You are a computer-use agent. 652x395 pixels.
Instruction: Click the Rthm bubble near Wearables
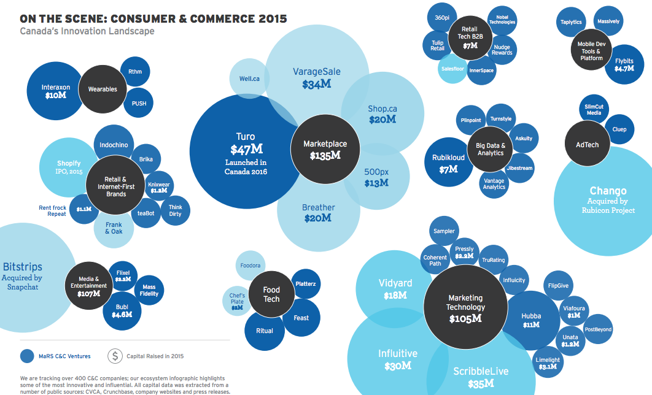[135, 72]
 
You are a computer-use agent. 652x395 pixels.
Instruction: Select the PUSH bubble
[139, 104]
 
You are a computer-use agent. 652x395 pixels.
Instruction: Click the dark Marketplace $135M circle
[325, 149]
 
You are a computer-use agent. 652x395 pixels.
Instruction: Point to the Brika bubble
[146, 159]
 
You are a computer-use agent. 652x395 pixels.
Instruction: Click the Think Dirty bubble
[175, 210]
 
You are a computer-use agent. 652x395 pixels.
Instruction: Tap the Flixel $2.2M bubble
[122, 275]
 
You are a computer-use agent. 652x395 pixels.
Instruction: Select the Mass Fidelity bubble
[149, 290]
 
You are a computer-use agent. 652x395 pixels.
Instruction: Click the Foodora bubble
[251, 266]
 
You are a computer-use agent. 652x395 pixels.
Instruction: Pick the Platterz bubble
[305, 284]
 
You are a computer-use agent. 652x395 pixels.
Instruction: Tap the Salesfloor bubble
[453, 69]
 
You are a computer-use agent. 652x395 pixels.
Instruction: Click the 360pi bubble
[442, 18]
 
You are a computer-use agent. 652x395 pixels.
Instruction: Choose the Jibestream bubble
[519, 167]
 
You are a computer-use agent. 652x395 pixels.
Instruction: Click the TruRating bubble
[493, 260]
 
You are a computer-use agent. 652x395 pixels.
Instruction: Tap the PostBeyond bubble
[599, 329]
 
